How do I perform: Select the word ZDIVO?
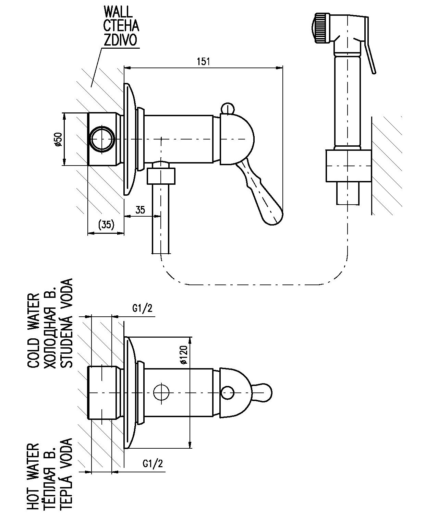(120, 40)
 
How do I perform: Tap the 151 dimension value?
(203, 61)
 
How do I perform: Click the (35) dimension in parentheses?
(106, 225)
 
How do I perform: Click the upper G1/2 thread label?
(142, 308)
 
